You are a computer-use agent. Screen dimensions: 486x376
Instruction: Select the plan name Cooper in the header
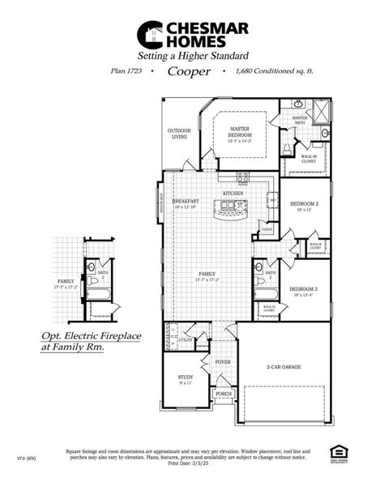point(189,70)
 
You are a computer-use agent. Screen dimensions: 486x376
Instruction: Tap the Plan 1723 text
point(128,71)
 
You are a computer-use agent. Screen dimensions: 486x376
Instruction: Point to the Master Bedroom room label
point(239,131)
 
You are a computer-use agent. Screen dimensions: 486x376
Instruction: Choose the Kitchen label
point(233,194)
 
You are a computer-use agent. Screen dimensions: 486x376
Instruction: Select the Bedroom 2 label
point(303,206)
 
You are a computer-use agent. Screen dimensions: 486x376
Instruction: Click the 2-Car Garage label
point(283,367)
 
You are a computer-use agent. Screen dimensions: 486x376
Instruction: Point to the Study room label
point(186,377)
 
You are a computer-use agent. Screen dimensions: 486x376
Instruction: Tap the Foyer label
point(223,362)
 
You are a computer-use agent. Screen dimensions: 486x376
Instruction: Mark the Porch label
point(222,394)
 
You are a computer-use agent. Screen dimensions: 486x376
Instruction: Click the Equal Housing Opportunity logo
point(339,451)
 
